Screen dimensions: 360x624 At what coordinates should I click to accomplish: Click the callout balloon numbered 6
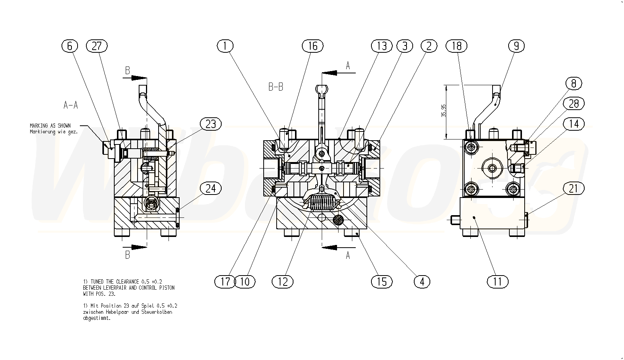pyautogui.click(x=70, y=46)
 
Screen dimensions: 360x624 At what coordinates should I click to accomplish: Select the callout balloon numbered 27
pyautogui.click(x=97, y=46)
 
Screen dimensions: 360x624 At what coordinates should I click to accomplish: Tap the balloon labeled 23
pyautogui.click(x=211, y=124)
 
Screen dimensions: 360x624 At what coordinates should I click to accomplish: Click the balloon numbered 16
pyautogui.click(x=313, y=46)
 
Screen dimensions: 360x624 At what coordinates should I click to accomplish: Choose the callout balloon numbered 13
pyautogui.click(x=382, y=46)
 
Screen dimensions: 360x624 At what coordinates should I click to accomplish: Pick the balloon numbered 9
pyautogui.click(x=516, y=46)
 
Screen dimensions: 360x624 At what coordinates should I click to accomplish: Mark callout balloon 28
pyautogui.click(x=574, y=104)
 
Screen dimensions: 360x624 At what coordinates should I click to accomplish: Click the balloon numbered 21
pyautogui.click(x=574, y=188)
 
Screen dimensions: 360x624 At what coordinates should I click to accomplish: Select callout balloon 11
pyautogui.click(x=498, y=282)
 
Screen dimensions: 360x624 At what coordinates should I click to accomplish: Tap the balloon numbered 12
pyautogui.click(x=282, y=282)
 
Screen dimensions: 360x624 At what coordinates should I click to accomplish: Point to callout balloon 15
pyautogui.click(x=382, y=282)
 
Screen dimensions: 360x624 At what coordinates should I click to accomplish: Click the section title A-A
pyautogui.click(x=71, y=105)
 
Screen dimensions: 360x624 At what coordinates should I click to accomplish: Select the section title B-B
pyautogui.click(x=276, y=87)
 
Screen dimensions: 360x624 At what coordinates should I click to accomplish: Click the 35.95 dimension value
pyautogui.click(x=443, y=111)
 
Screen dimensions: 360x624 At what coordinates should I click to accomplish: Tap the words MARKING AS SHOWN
pyautogui.click(x=50, y=125)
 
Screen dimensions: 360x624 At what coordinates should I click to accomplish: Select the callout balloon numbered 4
pyautogui.click(x=422, y=282)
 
